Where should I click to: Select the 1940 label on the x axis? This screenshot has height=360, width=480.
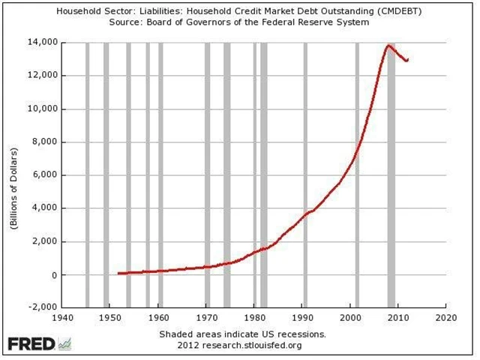click(63, 317)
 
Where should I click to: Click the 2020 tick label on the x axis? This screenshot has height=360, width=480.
click(446, 317)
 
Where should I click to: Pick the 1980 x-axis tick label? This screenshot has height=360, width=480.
click(255, 317)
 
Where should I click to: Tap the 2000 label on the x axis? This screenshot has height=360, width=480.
click(351, 317)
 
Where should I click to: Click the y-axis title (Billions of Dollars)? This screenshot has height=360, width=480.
click(14, 175)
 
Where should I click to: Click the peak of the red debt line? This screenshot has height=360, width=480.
click(389, 46)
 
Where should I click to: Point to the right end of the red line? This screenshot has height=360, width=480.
click(407, 60)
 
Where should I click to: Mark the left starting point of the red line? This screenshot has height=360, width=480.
click(118, 274)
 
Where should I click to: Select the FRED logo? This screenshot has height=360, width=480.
click(31, 344)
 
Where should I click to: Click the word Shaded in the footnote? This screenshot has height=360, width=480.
click(176, 333)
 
